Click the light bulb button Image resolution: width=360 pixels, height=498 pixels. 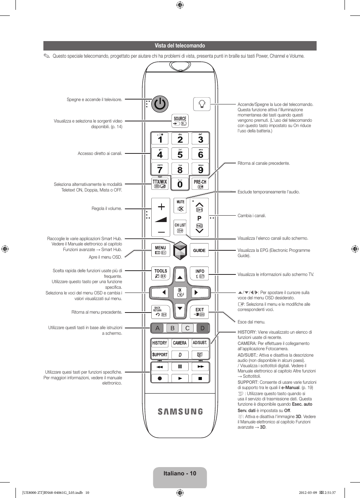point(202,104)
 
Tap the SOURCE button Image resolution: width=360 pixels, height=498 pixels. point(180,121)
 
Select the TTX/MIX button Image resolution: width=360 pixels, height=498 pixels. point(160,184)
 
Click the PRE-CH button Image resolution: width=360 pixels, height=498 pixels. point(200,184)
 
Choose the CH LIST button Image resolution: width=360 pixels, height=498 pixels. point(180,228)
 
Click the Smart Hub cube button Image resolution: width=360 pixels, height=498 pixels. point(180,251)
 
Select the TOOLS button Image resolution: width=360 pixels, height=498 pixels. point(161,273)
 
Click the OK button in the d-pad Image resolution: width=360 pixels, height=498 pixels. point(180,293)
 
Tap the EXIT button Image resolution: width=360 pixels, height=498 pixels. point(199,312)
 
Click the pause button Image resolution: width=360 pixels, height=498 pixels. point(180,366)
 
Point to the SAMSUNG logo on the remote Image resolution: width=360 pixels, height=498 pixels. point(180,412)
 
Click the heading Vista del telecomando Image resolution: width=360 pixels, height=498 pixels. point(180,46)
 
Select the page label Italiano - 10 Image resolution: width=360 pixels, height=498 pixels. point(180,473)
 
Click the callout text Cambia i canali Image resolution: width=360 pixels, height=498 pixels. point(252,215)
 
